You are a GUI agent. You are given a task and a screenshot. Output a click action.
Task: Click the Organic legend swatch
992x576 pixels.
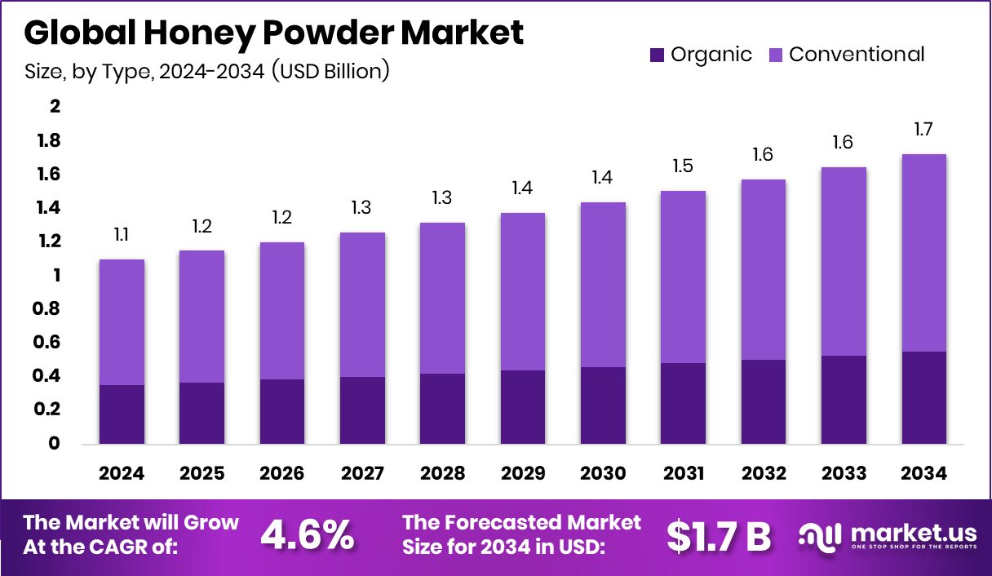click(x=658, y=55)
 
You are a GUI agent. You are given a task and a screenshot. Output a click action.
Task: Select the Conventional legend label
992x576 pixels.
click(x=857, y=55)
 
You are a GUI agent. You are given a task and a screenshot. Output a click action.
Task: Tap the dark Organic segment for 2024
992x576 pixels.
click(x=122, y=414)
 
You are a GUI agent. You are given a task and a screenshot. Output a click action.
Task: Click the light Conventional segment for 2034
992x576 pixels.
click(x=925, y=253)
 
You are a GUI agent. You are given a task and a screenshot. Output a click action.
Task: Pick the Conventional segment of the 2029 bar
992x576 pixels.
click(x=523, y=291)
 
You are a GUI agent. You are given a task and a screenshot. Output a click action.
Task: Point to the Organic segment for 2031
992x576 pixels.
click(x=684, y=403)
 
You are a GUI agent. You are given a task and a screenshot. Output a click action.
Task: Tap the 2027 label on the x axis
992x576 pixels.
click(x=362, y=474)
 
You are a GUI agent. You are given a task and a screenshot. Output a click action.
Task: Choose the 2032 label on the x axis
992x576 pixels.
click(x=764, y=474)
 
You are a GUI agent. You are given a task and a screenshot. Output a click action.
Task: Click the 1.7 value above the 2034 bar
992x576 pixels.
click(x=923, y=129)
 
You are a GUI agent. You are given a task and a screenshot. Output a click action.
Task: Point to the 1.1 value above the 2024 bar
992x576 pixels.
click(x=122, y=235)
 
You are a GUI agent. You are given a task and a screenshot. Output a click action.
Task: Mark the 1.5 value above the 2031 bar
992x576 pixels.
click(x=684, y=166)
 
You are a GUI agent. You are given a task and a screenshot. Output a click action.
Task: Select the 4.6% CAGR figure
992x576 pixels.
click(x=307, y=534)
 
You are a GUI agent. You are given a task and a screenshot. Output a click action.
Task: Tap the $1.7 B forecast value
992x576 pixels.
click(x=718, y=535)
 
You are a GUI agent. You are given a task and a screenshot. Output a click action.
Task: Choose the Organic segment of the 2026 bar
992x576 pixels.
click(x=282, y=411)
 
